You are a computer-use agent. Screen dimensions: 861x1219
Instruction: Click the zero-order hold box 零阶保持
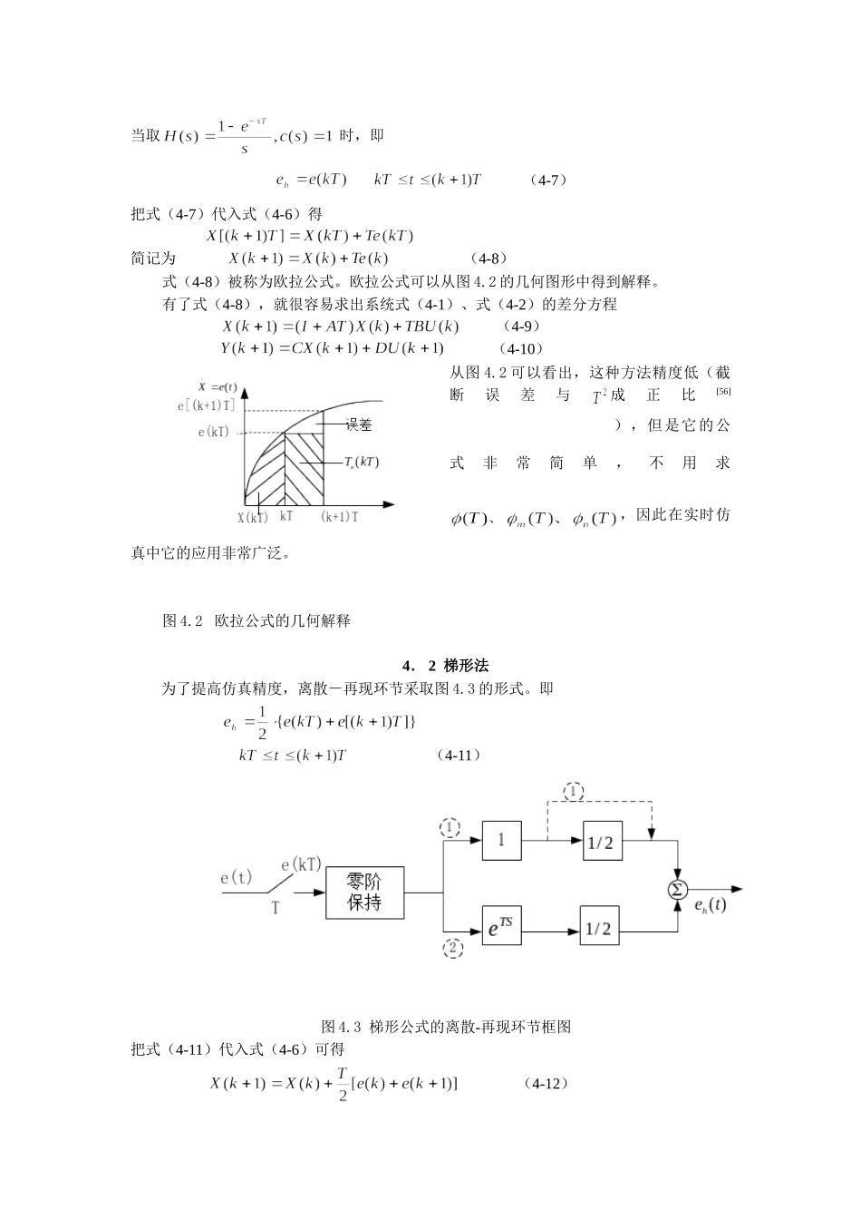pos(364,892)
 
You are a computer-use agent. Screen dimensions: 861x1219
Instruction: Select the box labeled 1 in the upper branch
pos(501,840)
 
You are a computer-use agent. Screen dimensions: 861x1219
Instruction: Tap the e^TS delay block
pos(501,928)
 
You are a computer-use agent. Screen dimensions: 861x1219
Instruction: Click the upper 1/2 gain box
pos(600,842)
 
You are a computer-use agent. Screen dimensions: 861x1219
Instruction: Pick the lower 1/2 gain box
pos(600,929)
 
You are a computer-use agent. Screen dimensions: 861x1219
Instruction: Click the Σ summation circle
pos(677,889)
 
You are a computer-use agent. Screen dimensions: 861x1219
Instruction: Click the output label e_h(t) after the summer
pos(710,905)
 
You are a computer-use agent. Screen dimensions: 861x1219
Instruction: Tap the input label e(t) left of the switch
pos(237,877)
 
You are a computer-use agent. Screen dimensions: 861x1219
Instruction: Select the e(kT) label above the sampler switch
pos(301,863)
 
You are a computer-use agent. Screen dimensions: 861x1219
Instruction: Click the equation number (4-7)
pos(549,180)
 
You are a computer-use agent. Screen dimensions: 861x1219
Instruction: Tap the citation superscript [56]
pos(722,391)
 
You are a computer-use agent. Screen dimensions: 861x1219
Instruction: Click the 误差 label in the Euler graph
pos(359,424)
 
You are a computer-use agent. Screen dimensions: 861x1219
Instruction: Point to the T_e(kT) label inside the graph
pos(361,462)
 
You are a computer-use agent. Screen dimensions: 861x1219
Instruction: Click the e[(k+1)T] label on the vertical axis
pos(206,405)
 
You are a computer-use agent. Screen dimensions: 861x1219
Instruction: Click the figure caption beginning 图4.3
pos(446,1027)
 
